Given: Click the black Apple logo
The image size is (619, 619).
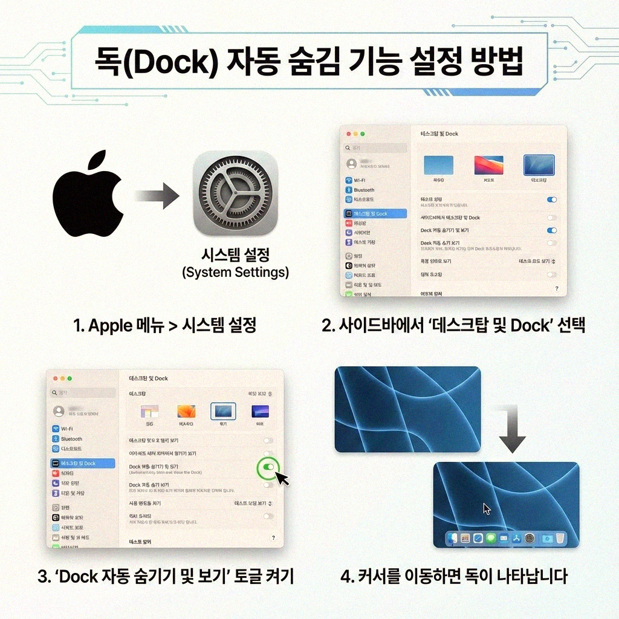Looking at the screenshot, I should (88, 196).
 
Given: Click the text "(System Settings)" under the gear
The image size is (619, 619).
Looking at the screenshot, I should (235, 273).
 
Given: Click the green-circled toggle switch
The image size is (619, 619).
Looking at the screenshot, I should (268, 467).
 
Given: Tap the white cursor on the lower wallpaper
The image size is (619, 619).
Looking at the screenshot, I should (487, 509).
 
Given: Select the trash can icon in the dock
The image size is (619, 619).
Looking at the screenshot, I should (560, 537).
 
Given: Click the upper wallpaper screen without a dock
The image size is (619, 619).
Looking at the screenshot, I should (407, 409).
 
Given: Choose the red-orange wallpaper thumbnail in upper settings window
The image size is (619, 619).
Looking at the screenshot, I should (488, 165).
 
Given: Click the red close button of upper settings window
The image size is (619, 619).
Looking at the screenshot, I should (347, 134).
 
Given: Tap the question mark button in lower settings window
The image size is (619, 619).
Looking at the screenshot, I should (273, 537).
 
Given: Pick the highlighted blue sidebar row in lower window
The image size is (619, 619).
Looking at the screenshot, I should (82, 463).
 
